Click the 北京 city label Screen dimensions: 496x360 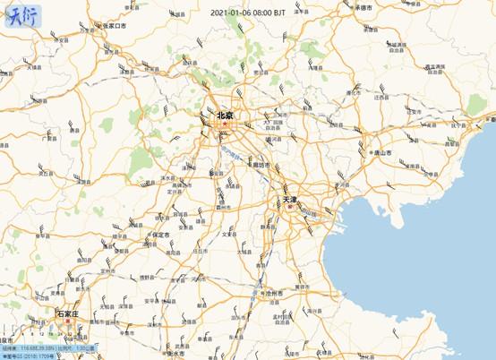[225, 116]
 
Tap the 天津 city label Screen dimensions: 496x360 [290, 198]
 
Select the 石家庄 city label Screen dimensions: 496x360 [68, 314]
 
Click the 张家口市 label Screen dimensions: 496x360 [114, 27]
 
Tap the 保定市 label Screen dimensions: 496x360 [161, 236]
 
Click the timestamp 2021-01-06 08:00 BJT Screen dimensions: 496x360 [248, 13]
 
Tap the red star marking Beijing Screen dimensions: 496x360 [227, 126]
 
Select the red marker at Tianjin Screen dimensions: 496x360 [289, 207]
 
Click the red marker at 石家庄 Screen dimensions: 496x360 [66, 323]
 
